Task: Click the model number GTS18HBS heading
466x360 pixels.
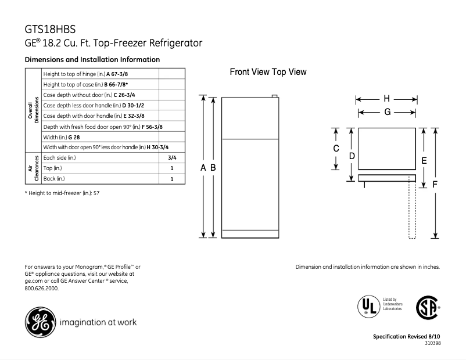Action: pos(51,28)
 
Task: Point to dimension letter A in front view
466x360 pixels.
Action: pos(203,167)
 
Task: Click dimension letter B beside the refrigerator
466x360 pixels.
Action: pos(213,167)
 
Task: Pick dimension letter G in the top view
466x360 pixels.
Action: pos(386,111)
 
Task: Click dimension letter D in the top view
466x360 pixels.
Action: pos(352,156)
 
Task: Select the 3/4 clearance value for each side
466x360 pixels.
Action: pos(172,157)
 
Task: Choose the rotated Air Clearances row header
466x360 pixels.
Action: pos(32,168)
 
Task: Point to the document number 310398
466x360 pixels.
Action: pos(430,343)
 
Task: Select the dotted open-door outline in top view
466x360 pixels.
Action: pos(412,209)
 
